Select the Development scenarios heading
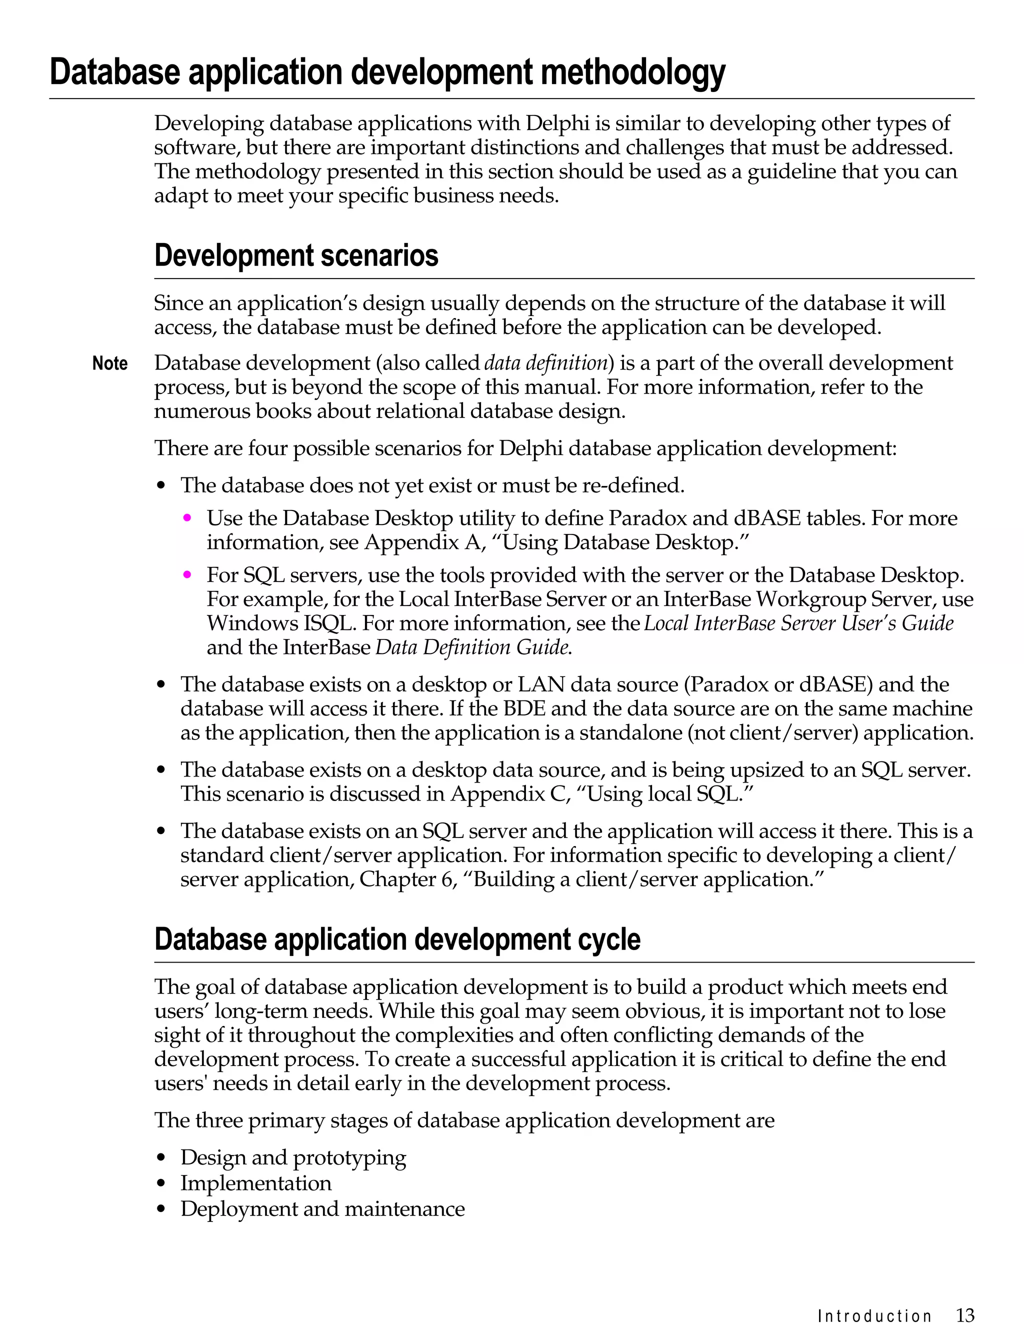coord(296,255)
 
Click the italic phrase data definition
coord(546,363)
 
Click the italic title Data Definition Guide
coord(473,647)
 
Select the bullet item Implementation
coord(256,1183)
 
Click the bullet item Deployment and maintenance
coord(322,1208)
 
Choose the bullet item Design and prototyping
coord(293,1157)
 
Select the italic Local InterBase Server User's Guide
coord(798,623)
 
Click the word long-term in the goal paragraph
coord(260,1011)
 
